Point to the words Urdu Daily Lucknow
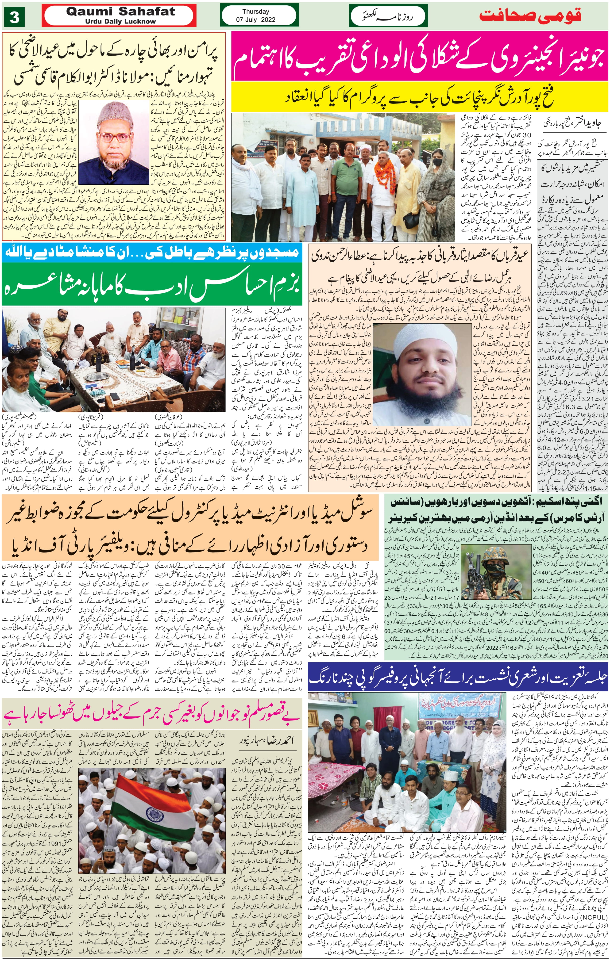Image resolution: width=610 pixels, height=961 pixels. (120, 22)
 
